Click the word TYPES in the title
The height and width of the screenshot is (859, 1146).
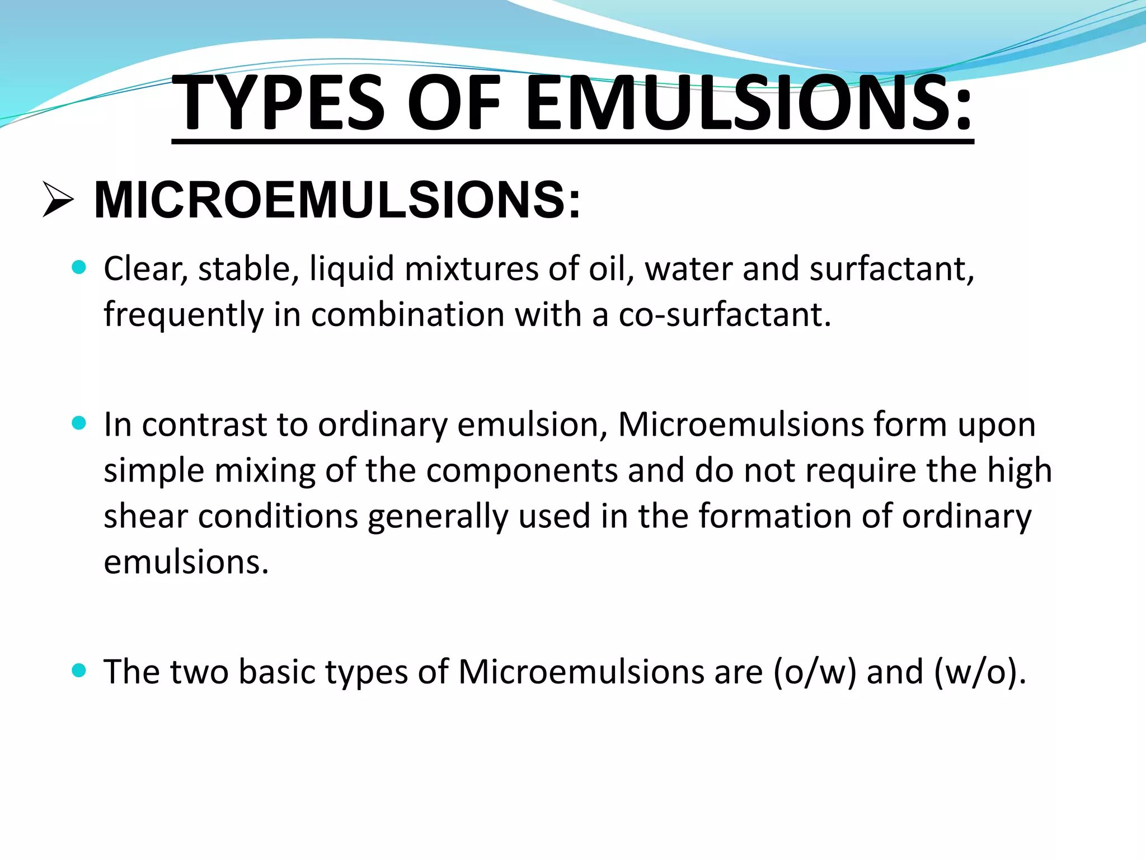pos(279,103)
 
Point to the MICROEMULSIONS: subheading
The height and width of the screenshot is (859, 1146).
pos(337,200)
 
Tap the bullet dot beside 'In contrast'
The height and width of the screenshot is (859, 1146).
pos(79,423)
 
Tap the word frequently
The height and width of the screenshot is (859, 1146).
pos(184,315)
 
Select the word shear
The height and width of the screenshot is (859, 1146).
pos(146,516)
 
